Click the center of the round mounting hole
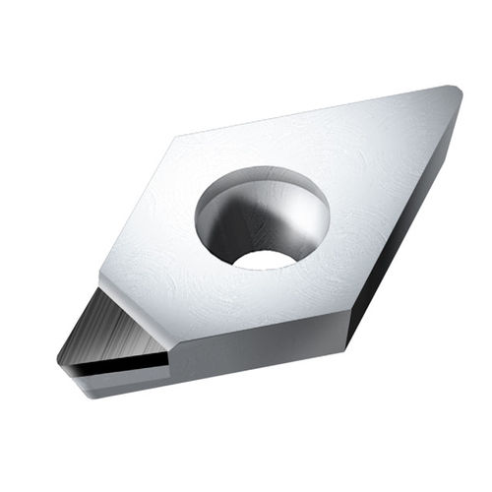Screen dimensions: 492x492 262,217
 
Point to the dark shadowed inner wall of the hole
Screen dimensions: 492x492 228,221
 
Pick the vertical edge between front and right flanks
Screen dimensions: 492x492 346,335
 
